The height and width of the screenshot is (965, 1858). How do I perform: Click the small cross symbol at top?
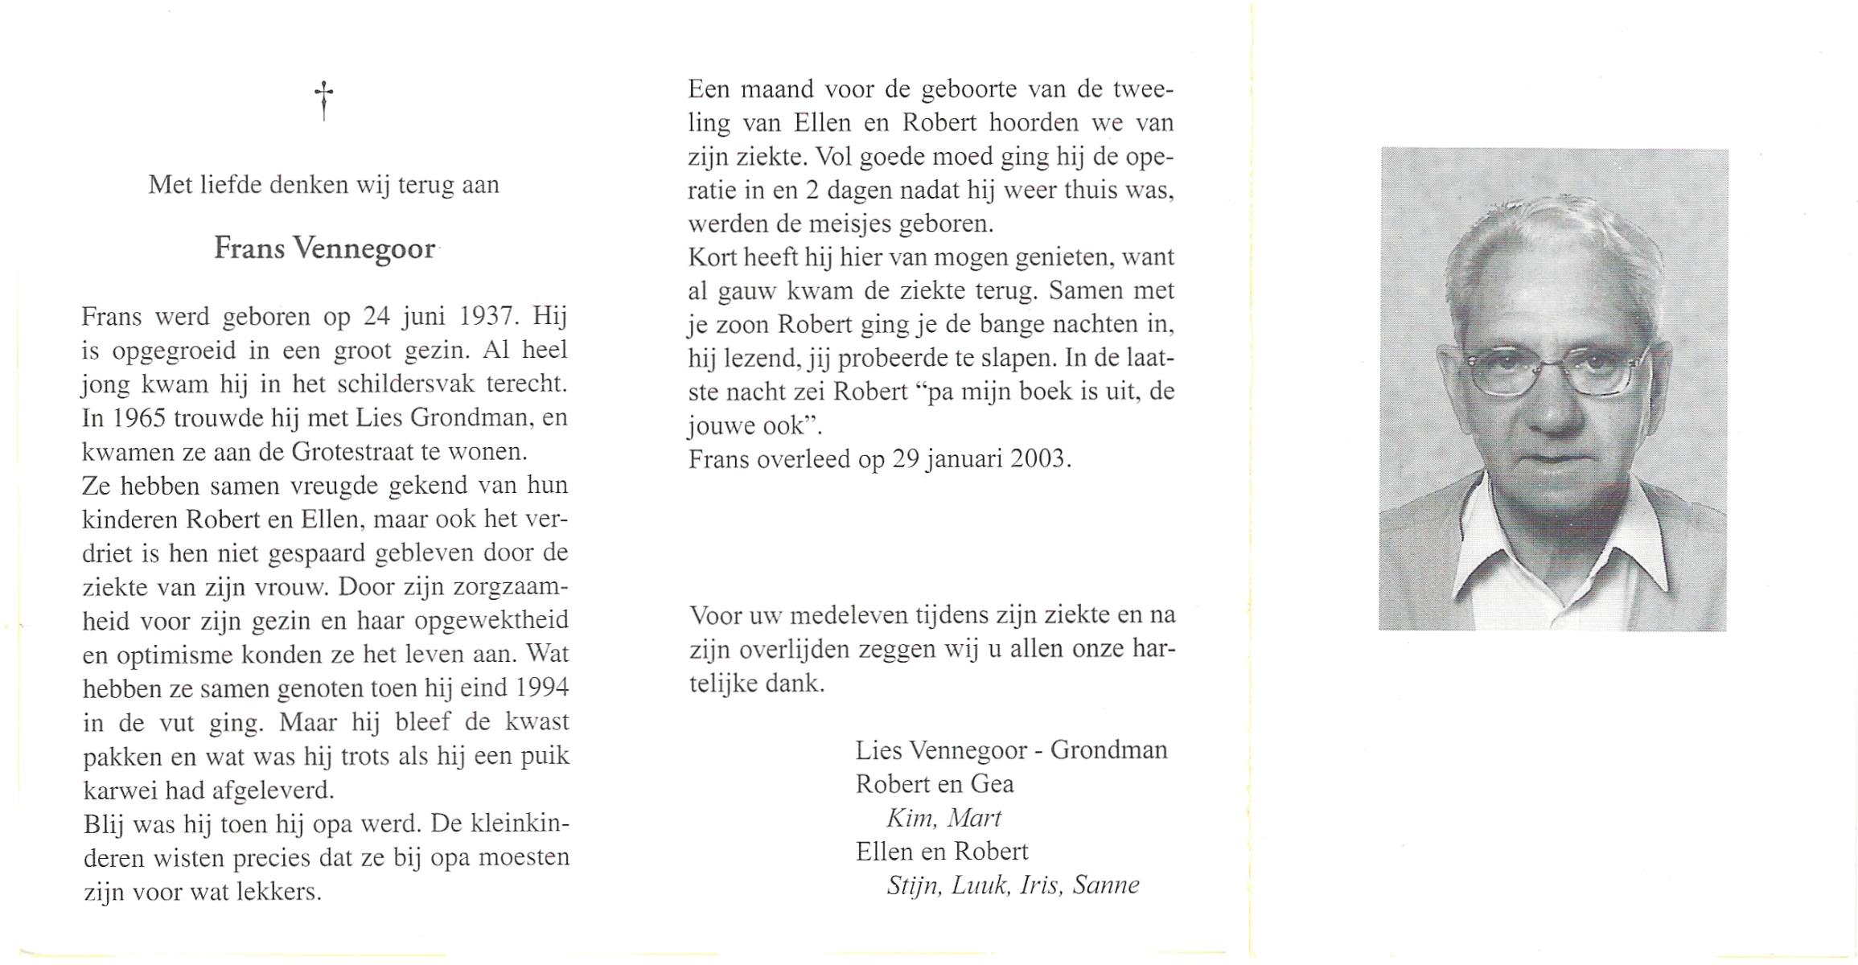(323, 100)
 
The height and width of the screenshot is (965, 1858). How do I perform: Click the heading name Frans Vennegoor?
(324, 248)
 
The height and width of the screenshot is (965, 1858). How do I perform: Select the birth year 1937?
(487, 316)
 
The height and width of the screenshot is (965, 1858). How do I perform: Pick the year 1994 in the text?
(542, 688)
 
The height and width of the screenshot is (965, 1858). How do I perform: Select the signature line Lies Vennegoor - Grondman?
(1011, 750)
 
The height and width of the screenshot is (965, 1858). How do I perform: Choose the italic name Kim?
(909, 818)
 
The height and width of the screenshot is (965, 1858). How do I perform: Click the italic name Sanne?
(1106, 885)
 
